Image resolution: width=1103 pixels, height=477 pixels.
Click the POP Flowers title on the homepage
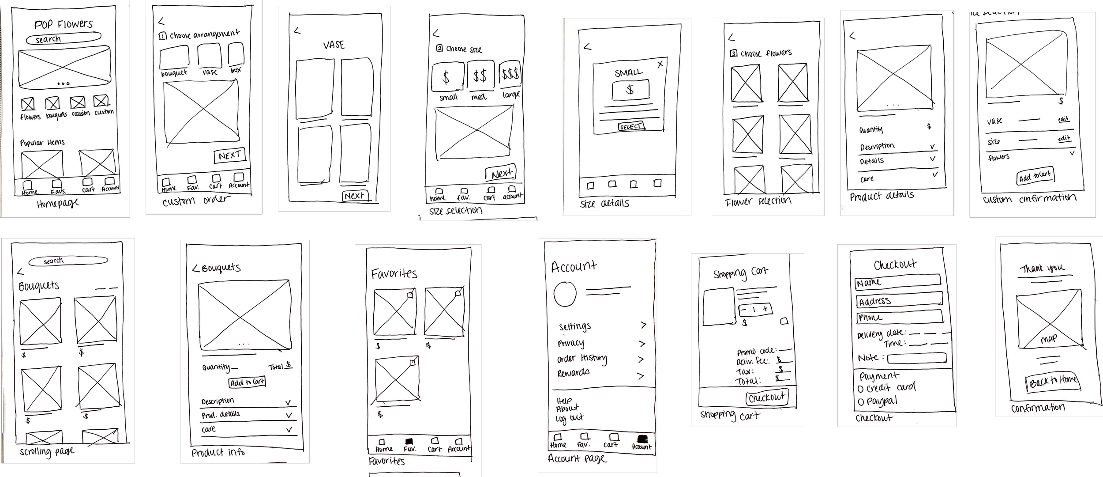(x=64, y=24)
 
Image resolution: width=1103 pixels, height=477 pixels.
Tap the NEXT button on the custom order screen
(x=229, y=155)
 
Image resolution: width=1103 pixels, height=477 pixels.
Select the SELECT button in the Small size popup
(x=631, y=127)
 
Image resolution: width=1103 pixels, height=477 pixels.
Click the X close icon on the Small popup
(x=660, y=64)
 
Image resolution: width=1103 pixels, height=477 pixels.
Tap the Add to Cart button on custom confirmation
(x=1035, y=176)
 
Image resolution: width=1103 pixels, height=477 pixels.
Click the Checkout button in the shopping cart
(x=767, y=397)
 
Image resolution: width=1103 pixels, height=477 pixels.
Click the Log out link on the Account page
(x=570, y=418)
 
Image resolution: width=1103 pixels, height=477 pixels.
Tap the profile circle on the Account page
(x=565, y=294)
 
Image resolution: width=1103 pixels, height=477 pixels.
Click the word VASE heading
(x=334, y=45)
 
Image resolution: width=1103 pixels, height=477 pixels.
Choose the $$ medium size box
(x=480, y=76)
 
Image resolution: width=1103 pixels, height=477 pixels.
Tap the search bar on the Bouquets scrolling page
(x=68, y=261)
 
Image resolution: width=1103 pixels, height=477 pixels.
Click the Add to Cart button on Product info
(x=247, y=382)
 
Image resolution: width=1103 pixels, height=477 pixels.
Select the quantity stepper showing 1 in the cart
(x=755, y=310)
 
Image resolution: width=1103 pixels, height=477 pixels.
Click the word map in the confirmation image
(x=1048, y=339)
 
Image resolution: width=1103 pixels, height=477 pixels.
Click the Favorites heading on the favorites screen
(x=394, y=274)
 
